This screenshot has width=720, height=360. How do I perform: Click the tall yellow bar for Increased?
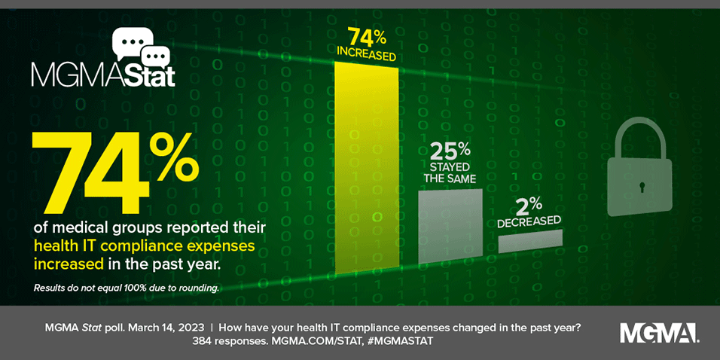tap(367, 166)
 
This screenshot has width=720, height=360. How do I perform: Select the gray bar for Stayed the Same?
tap(450, 226)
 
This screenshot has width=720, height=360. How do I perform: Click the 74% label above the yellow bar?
tap(367, 36)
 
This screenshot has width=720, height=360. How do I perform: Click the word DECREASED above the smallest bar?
tap(529, 221)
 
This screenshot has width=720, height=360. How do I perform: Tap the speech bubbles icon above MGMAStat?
tap(141, 47)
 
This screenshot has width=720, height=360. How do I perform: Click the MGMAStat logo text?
tap(103, 76)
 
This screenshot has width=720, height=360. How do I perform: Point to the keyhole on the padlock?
tap(642, 186)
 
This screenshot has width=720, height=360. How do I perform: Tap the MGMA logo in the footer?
tap(658, 333)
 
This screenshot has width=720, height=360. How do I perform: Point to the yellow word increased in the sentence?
tap(63, 264)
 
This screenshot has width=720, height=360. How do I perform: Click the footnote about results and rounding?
tap(126, 288)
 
